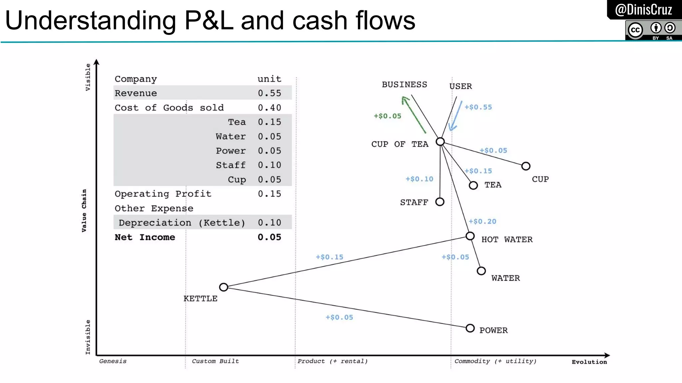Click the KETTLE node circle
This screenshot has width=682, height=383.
point(223,287)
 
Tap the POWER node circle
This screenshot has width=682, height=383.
point(470,328)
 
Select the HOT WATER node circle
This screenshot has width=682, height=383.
point(470,236)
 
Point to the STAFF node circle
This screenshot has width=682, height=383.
point(440,202)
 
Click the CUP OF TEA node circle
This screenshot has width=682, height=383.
point(440,142)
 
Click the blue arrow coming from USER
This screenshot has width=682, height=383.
point(455,116)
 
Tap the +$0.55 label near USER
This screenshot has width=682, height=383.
point(478,107)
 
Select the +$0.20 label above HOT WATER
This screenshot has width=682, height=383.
point(482,221)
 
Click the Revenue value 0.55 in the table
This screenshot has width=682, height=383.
point(269,93)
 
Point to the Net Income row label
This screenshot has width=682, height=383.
point(145,237)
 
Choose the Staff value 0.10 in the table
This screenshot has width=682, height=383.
point(269,165)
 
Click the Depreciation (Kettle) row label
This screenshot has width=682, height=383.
point(182,223)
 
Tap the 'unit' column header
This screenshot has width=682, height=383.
point(269,79)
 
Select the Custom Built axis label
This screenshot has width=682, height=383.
point(215,361)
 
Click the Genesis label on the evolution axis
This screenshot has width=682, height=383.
point(113,361)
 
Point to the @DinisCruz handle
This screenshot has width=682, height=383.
point(643,10)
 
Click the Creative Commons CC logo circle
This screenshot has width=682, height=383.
point(635,30)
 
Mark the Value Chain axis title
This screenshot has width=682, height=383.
point(84,210)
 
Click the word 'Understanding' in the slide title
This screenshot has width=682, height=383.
point(91,21)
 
